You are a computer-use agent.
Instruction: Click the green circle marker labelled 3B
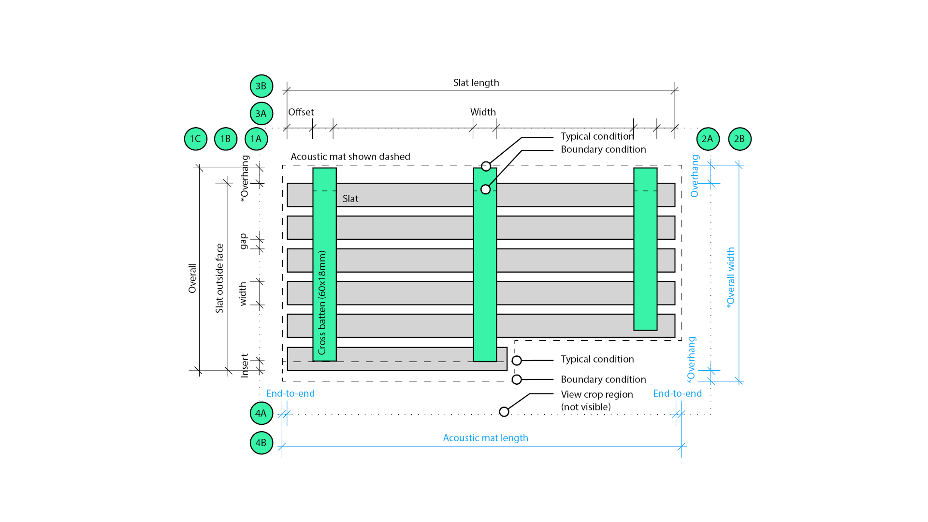[261, 86]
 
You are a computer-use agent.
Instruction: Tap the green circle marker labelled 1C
[196, 139]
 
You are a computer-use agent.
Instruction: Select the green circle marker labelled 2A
[708, 139]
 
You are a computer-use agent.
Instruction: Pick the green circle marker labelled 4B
[261, 443]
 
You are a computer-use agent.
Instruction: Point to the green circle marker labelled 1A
[256, 139]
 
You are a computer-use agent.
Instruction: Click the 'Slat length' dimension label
[476, 83]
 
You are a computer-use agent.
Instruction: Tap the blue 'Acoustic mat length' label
[485, 438]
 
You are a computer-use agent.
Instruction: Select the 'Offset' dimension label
[301, 112]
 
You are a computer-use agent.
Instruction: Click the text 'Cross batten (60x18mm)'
[322, 302]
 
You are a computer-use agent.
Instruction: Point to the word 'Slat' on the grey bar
[350, 199]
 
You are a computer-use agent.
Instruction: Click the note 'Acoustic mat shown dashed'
[350, 157]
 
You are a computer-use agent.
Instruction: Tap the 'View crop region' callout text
[596, 394]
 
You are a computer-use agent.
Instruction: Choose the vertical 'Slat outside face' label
[219, 278]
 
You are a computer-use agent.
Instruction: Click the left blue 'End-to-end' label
[290, 393]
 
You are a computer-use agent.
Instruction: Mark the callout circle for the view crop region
[504, 412]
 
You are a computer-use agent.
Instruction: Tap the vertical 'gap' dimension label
[243, 241]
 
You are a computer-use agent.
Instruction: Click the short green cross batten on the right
[645, 249]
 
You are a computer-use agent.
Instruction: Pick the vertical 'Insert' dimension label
[245, 365]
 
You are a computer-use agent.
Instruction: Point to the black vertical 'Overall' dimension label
[192, 278]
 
